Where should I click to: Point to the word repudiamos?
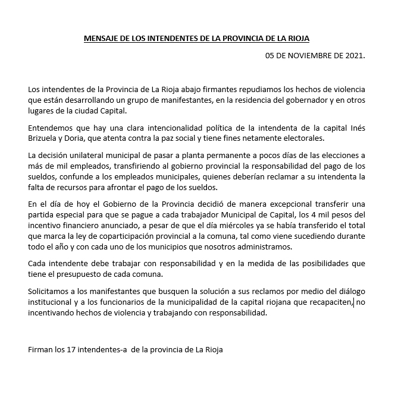pyautogui.click(x=227, y=89)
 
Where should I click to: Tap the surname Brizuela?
pyautogui.click(x=49, y=138)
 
